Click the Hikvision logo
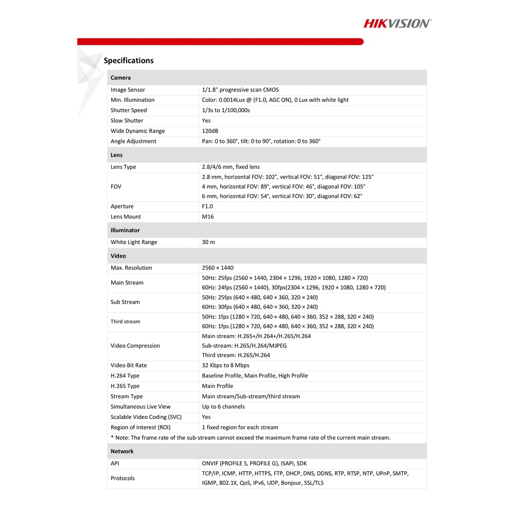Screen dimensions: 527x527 click(x=397, y=23)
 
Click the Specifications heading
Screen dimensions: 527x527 click(x=129, y=61)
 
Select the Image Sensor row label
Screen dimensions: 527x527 click(x=128, y=90)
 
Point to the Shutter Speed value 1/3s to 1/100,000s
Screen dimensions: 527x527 click(x=226, y=110)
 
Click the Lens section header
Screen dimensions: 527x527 click(x=116, y=155)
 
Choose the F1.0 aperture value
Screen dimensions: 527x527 click(x=207, y=206)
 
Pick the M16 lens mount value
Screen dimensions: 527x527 click(x=207, y=217)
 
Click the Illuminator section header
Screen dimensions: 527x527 click(x=125, y=230)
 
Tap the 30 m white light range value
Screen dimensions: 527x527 click(x=208, y=242)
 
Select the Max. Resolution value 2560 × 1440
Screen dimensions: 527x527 click(x=218, y=268)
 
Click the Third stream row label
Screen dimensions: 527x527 click(x=125, y=322)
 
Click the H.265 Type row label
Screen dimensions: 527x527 click(x=125, y=386)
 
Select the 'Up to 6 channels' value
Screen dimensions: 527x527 click(x=223, y=407)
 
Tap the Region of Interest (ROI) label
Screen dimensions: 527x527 click(x=140, y=427)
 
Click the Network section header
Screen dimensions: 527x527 click(x=122, y=451)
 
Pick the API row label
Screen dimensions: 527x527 click(x=115, y=463)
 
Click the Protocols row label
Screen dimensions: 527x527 click(x=122, y=478)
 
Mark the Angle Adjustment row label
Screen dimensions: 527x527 click(x=133, y=141)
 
